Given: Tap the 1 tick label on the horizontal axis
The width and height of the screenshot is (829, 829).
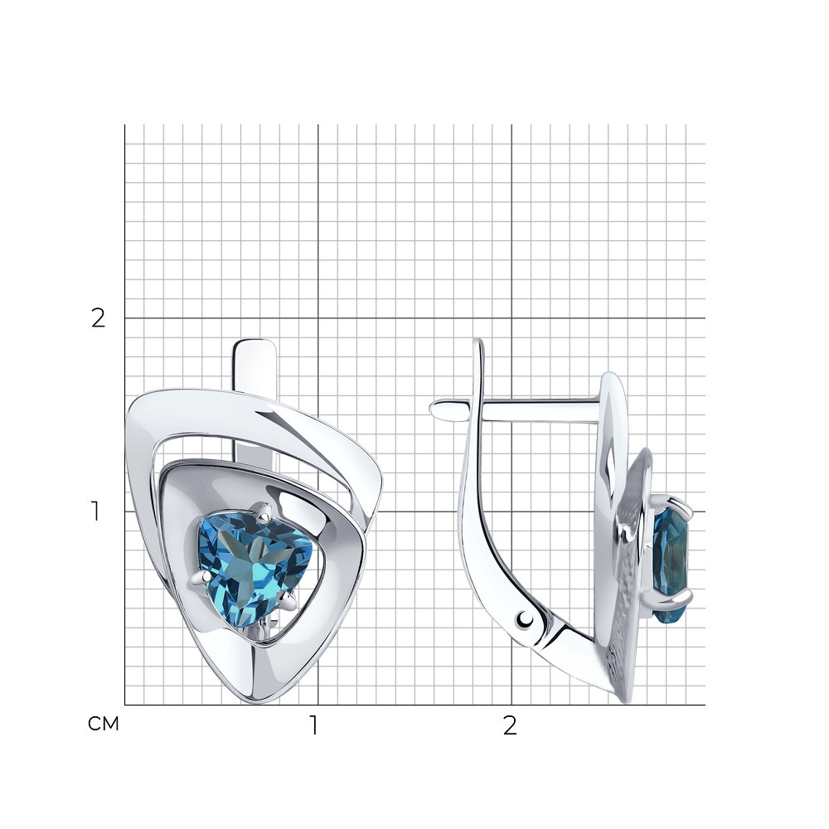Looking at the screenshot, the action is [x=314, y=726].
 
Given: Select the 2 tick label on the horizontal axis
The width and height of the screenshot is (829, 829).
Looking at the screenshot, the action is [x=509, y=726].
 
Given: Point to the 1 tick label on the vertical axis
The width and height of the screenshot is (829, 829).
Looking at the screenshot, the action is [x=95, y=511].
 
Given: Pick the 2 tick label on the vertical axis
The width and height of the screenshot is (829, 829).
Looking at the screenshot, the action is [x=99, y=318].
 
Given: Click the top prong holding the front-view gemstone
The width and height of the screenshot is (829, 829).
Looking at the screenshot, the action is [x=264, y=511].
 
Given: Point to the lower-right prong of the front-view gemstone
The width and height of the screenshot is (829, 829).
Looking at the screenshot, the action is [x=288, y=599].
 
